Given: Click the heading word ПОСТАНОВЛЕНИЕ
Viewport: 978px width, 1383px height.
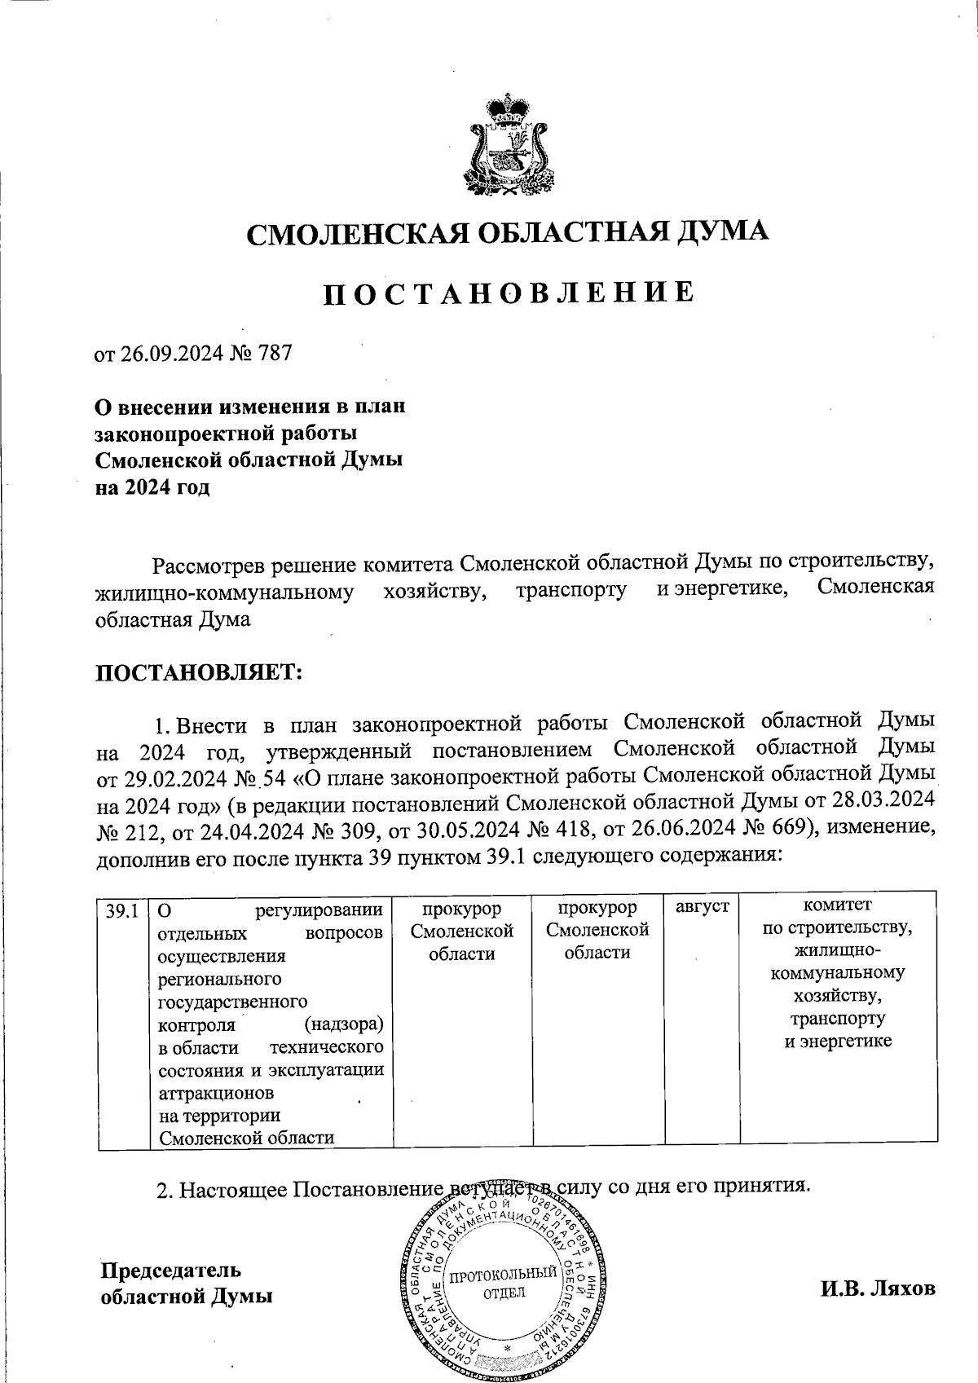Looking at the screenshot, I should click(509, 293).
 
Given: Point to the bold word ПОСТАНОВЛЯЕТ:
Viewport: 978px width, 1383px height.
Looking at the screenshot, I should click(200, 673).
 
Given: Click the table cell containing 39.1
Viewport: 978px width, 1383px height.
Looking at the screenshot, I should click(122, 910).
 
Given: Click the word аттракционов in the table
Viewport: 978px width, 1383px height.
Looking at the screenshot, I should click(216, 1092).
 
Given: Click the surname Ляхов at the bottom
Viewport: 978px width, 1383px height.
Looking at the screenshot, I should click(905, 1289).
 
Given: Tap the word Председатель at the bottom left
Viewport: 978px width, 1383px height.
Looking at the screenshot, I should click(170, 1271).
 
